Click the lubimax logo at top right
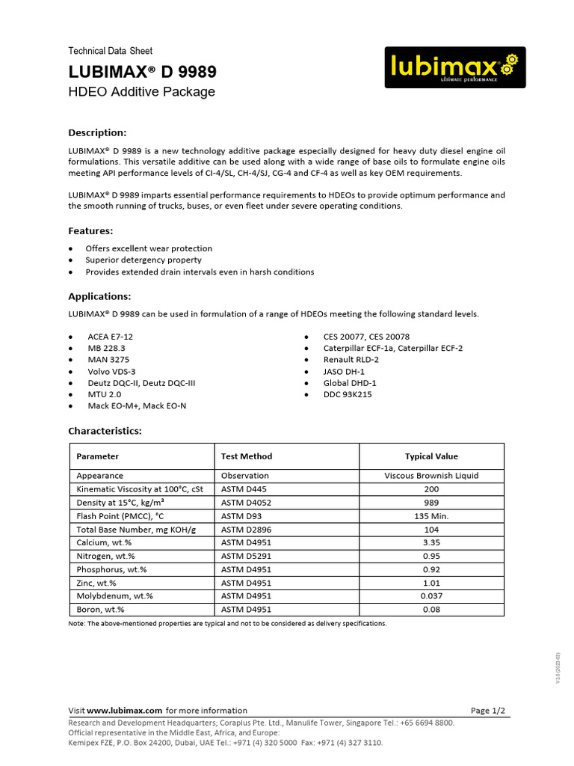click(454, 67)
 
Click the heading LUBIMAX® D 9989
click(142, 72)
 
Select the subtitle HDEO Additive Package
click(141, 92)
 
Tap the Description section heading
click(97, 132)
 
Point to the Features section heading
click(90, 231)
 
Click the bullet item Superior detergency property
click(143, 260)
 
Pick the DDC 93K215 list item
click(347, 394)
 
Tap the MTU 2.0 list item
click(105, 394)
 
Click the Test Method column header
click(247, 456)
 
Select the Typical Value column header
click(431, 456)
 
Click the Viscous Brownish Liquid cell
click(431, 476)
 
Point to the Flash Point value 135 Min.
click(431, 516)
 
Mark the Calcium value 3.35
click(431, 543)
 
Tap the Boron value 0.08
click(431, 610)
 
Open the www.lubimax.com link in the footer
click(125, 710)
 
